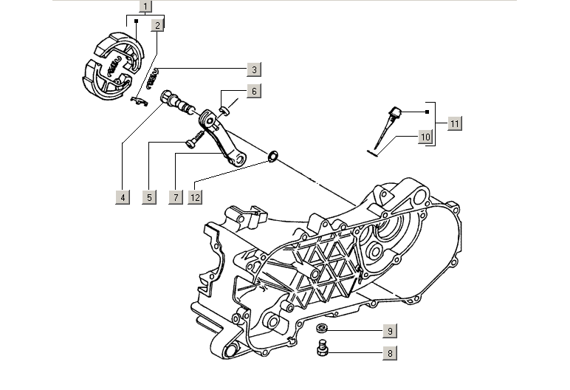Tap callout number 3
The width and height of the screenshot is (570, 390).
[253, 70]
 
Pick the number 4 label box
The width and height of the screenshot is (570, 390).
[123, 197]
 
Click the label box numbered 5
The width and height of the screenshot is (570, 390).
[149, 197]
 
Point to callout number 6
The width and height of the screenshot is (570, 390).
[253, 92]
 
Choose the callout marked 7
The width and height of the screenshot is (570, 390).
[176, 197]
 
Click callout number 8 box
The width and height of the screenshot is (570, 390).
[390, 353]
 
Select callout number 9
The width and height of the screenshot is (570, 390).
[390, 330]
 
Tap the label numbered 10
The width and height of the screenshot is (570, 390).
[425, 137]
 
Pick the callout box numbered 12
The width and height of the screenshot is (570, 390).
[195, 197]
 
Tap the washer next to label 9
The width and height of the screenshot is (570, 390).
[323, 327]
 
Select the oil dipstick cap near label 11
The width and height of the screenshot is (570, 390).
[396, 114]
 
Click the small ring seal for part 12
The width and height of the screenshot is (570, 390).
[272, 156]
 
